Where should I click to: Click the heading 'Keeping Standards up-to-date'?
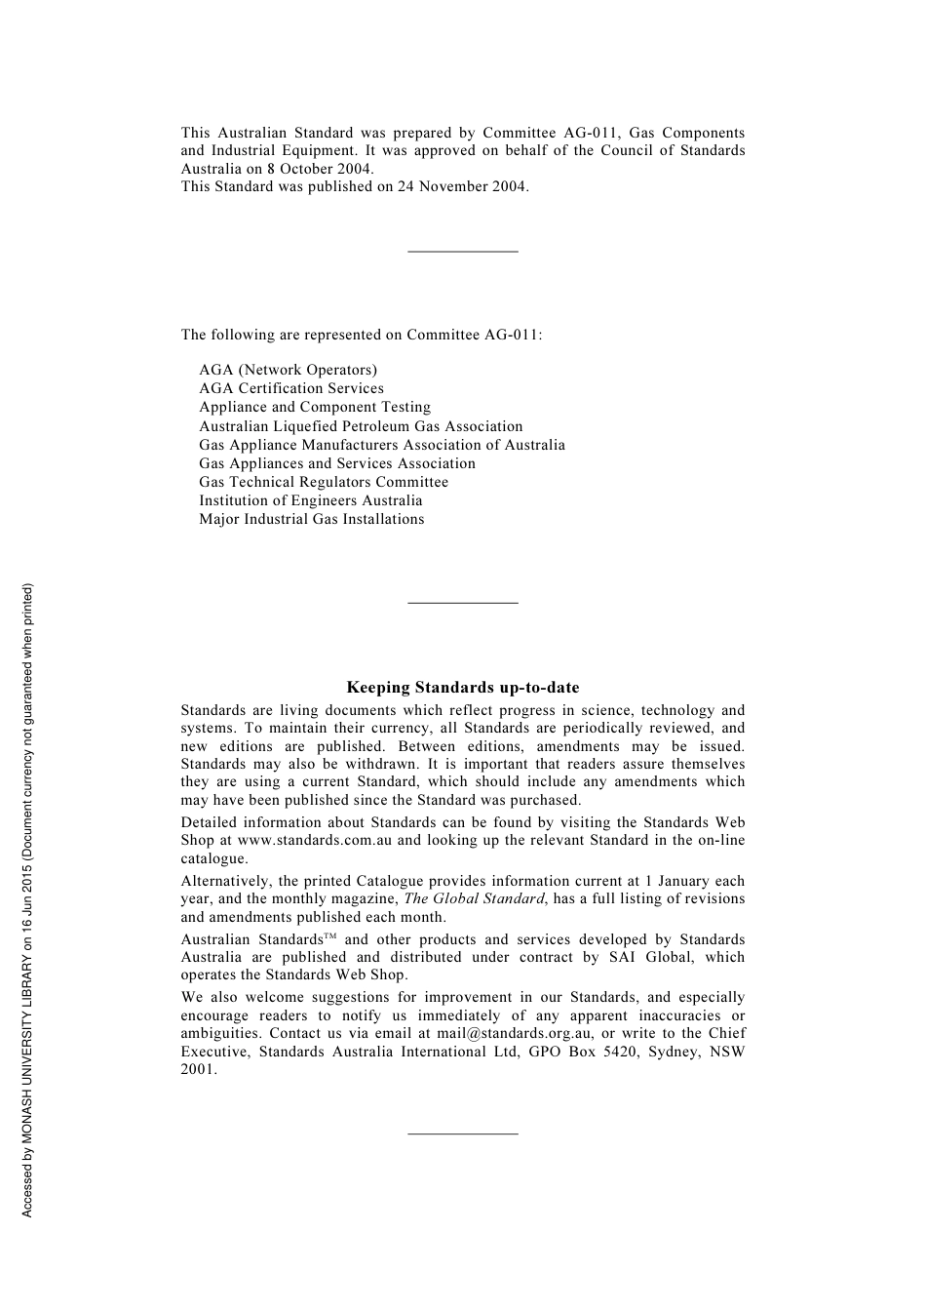point(462,688)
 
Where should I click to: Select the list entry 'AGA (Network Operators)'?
point(288,370)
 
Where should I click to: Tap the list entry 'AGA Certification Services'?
point(291,388)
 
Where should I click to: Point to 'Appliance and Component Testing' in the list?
point(315,407)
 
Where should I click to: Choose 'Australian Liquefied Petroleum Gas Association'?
point(361,426)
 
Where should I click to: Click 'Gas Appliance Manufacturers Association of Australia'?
point(382,445)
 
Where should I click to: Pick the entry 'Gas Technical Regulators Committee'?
point(324,482)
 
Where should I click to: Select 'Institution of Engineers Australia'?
point(311,500)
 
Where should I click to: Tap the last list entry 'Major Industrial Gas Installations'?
point(312,519)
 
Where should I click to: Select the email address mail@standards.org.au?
point(515,1033)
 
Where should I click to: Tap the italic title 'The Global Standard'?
point(474,898)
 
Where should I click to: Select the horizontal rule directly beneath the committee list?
point(462,603)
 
